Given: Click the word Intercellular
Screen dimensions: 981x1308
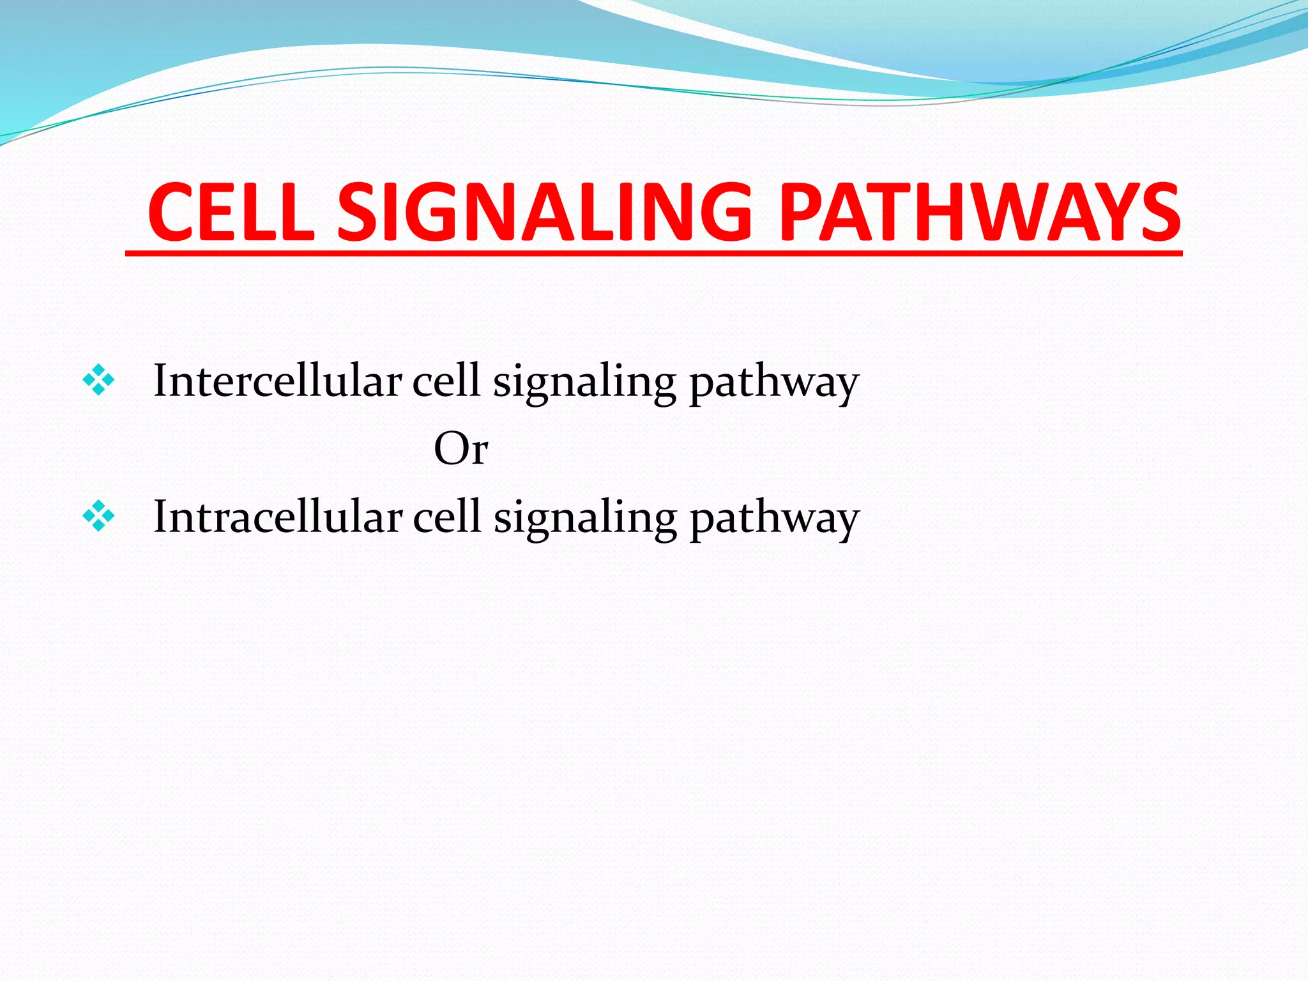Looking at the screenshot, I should point(277,381).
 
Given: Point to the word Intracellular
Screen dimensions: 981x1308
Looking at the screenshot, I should point(278,517).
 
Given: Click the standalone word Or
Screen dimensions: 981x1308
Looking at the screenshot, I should point(460,449).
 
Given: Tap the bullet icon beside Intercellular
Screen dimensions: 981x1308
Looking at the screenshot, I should point(98,381).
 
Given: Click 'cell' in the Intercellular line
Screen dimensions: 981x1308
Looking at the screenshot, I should point(446,381).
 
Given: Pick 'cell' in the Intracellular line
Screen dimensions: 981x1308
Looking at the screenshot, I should point(446,517).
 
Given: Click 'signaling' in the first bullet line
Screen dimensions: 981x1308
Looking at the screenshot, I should point(584,383).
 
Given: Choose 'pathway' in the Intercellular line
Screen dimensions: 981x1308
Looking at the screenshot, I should point(774,383).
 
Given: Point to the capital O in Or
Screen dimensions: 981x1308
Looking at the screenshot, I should point(449,448).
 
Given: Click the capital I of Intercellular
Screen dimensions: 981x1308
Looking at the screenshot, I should point(160,381).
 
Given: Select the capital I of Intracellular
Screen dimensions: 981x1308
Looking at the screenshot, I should point(160,517).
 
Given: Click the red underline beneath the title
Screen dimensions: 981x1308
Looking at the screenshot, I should point(653,254).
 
